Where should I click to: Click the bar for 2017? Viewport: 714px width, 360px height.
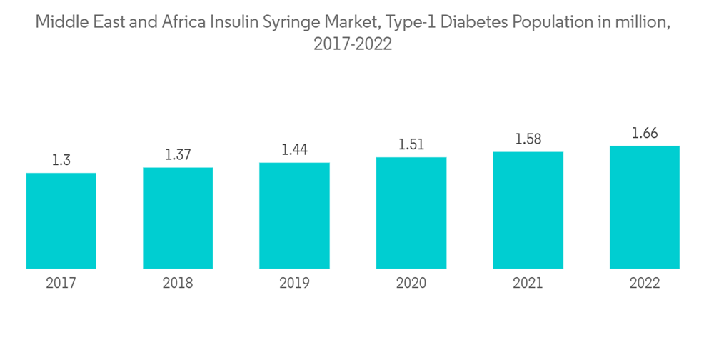point(61,221)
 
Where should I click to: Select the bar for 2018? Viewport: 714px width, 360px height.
point(178,218)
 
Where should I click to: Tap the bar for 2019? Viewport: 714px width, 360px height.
point(294,216)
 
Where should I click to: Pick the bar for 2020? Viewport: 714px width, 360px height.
point(411,213)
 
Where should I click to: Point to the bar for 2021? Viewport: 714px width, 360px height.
point(528,210)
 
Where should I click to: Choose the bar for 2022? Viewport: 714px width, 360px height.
point(645,207)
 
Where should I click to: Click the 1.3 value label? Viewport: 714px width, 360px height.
point(61,161)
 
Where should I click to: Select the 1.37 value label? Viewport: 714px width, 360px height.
point(178,155)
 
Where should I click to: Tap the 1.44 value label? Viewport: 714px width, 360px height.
point(294,150)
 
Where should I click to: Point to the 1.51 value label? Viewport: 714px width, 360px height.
point(411,145)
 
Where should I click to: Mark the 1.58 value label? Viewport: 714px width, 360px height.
point(528,139)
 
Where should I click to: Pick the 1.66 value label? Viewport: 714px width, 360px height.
point(645,134)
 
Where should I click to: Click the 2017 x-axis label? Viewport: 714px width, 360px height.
point(61,284)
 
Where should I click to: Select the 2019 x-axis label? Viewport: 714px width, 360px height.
point(294,284)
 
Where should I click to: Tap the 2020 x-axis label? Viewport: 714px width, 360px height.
point(411,284)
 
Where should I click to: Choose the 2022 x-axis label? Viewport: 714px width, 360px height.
point(645,284)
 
